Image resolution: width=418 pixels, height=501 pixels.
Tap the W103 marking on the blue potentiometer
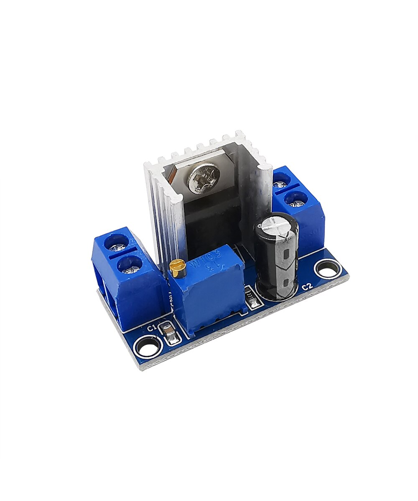pyautogui.click(x=200, y=263)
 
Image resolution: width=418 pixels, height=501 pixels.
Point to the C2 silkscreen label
pyautogui.click(x=307, y=286)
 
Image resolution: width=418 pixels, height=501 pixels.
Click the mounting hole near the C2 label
pyautogui.click(x=328, y=268)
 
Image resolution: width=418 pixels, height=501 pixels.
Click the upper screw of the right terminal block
pyautogui.click(x=282, y=180)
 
